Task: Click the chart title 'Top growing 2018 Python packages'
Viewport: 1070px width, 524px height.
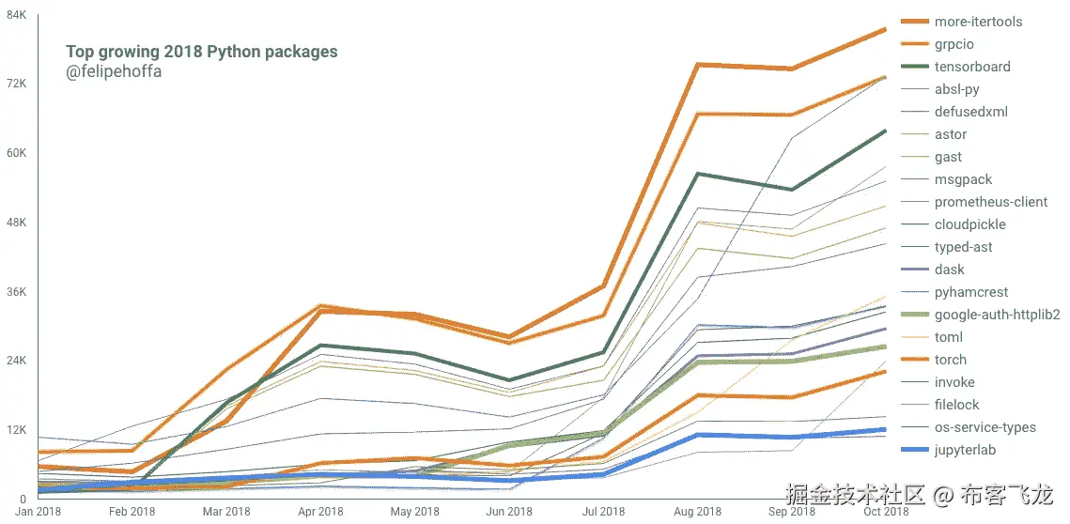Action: pos(201,52)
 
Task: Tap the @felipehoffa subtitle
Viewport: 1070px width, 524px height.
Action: pos(114,71)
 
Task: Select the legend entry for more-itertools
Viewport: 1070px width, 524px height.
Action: pos(978,22)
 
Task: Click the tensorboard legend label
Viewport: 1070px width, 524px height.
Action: pos(972,67)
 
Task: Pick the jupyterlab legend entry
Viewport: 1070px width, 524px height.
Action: pos(965,450)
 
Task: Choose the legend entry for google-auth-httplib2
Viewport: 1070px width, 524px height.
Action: pos(997,315)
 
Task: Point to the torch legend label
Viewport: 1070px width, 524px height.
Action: pos(951,360)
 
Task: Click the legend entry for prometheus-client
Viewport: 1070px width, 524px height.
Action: pos(991,202)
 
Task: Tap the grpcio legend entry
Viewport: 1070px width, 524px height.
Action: pos(954,44)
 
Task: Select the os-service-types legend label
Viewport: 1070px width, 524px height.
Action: pos(985,427)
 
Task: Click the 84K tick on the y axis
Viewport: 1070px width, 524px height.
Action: pos(17,14)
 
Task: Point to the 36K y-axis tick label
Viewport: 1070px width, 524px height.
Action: pos(17,291)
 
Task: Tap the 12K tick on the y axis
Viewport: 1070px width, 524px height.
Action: pos(17,430)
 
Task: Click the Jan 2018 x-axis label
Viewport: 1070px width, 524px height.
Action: pos(39,512)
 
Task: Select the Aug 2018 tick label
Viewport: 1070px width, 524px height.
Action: pos(698,512)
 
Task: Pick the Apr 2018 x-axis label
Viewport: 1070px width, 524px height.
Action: pos(320,512)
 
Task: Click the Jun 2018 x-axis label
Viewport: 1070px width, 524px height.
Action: pos(509,512)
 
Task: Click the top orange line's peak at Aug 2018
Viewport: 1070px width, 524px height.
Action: pos(698,64)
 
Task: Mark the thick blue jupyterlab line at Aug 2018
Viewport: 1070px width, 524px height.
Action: pos(698,435)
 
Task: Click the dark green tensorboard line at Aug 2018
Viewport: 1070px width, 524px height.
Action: pos(698,174)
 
